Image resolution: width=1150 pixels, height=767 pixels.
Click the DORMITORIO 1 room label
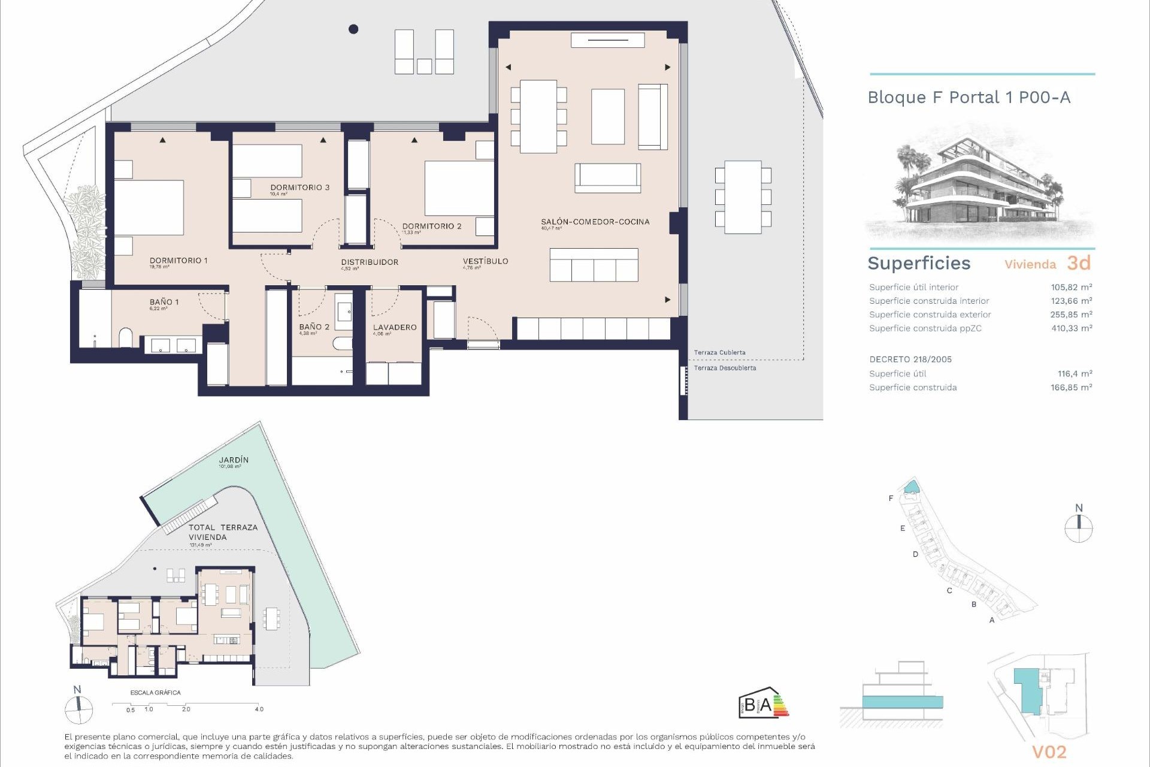coord(178,261)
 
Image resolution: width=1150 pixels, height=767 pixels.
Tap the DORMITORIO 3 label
coord(299,188)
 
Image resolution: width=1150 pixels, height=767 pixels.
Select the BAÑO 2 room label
coord(314,327)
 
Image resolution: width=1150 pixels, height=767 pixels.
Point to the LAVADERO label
coord(395,328)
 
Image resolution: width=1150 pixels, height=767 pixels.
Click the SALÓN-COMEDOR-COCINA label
coord(595,222)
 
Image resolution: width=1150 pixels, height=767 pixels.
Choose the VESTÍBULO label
coord(485,261)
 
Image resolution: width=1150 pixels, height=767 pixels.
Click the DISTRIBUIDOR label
coord(370,262)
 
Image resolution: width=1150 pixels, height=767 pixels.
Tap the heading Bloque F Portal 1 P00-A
coord(969,98)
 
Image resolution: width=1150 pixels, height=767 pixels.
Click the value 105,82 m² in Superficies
coord(1071,288)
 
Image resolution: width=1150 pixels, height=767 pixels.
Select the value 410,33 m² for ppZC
coord(1071,328)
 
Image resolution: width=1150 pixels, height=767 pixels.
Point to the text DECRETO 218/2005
coord(910,360)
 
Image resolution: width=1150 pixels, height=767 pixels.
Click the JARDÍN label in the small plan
coord(234,460)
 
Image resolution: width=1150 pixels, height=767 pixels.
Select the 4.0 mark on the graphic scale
coord(259,709)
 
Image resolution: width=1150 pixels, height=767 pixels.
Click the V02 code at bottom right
coord(1049,752)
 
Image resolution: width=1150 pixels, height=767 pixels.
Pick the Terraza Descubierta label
coord(725,368)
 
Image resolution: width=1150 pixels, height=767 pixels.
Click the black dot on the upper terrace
coord(353,29)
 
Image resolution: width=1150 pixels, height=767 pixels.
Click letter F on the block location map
coord(891,499)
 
